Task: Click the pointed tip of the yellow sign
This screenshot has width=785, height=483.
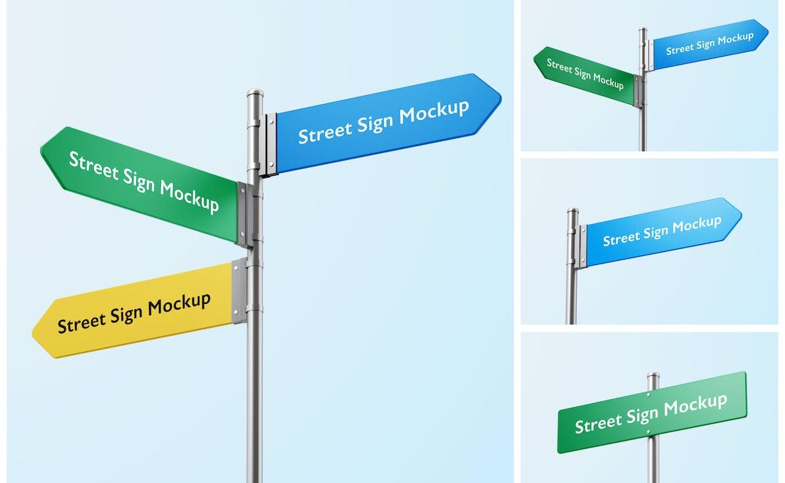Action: (x=33, y=331)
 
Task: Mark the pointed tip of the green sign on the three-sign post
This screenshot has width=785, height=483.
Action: (x=41, y=150)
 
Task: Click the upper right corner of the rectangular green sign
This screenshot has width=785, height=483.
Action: (x=745, y=372)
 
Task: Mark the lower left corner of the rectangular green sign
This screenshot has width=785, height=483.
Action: (x=559, y=452)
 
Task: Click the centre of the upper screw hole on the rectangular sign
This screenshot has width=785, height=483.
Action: (x=649, y=394)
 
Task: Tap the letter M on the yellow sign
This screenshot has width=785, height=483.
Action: (x=154, y=307)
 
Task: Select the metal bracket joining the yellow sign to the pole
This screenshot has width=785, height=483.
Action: (x=240, y=290)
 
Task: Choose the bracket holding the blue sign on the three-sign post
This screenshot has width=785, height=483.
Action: (x=270, y=145)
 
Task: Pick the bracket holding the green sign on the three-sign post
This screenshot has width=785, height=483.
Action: (x=244, y=215)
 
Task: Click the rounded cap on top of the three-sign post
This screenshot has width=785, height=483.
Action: (x=255, y=94)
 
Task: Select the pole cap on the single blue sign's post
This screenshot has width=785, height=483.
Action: (x=573, y=210)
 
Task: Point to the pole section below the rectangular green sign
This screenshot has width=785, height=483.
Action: (x=652, y=459)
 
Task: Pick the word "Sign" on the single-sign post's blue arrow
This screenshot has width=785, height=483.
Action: (x=656, y=232)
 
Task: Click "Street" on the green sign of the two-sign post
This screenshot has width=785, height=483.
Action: (x=559, y=66)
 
